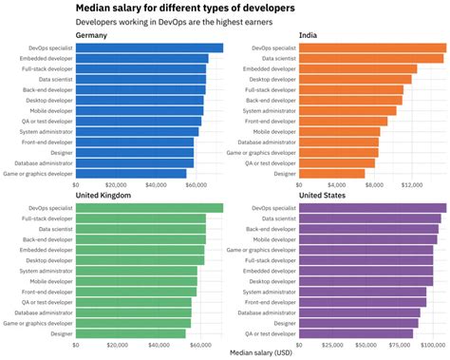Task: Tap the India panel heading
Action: click(x=308, y=36)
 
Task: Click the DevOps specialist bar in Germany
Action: click(x=149, y=47)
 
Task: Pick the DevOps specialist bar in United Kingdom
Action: click(x=149, y=208)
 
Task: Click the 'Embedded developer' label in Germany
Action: click(x=46, y=58)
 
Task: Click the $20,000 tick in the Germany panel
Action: click(x=116, y=185)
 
